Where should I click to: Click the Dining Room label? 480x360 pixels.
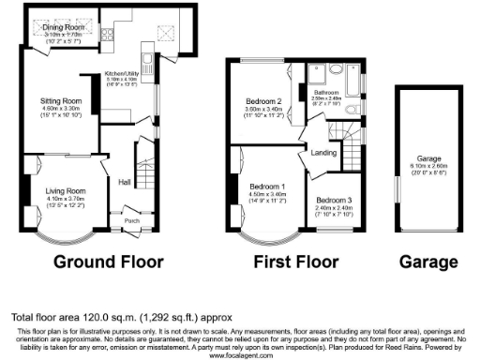tap(64, 29)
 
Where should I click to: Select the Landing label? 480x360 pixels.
tap(324, 153)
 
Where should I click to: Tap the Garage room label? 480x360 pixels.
tap(429, 159)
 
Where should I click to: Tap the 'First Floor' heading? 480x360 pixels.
tap(294, 262)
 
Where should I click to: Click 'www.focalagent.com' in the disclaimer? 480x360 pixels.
tap(240, 354)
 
